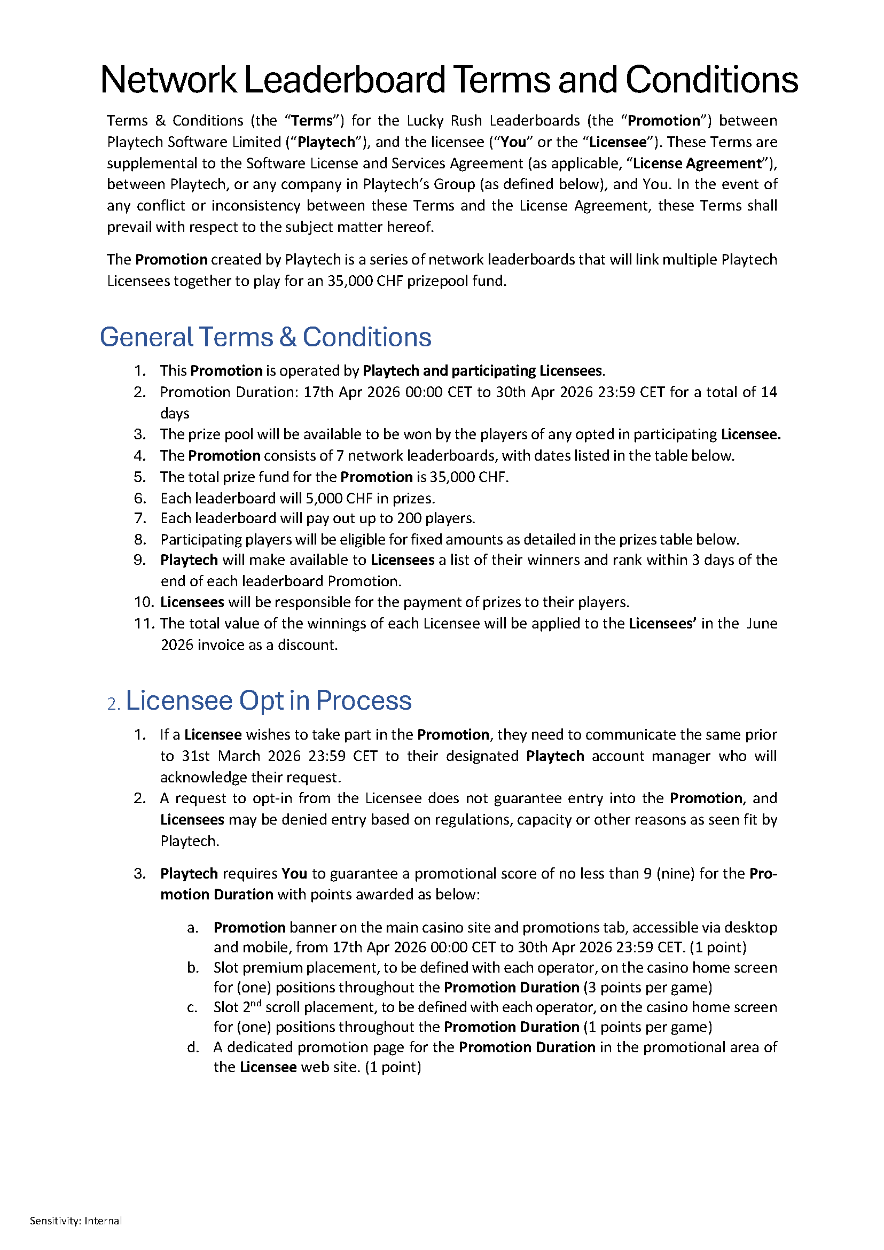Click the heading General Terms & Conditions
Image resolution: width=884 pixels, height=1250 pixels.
tap(265, 337)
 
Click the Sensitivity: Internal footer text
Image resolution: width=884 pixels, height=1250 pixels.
tap(76, 1221)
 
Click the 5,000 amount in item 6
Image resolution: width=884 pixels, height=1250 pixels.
tap(324, 499)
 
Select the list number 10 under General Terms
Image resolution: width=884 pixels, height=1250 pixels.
tap(144, 602)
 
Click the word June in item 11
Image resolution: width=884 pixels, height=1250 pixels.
tap(762, 624)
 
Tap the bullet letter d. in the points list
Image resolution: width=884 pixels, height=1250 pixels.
tap(193, 1047)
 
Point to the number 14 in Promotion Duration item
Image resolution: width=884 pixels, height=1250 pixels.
tap(769, 392)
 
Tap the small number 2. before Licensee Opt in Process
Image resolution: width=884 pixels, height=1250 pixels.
tap(113, 705)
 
